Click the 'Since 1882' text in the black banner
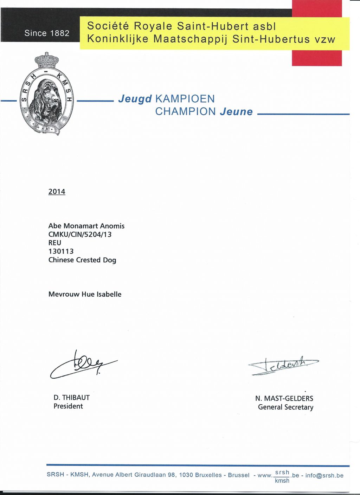pos(47,33)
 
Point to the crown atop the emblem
pos(46,60)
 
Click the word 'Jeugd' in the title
pos(135,99)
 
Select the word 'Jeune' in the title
pos(236,112)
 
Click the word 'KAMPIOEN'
pos(185,99)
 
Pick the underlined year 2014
pos(57,192)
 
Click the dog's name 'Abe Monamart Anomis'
pos(86,226)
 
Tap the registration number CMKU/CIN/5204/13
pos(80,234)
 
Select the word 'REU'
pos(55,243)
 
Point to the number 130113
pos(61,251)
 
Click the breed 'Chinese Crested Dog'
pos(82,260)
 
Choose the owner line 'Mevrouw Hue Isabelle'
pos(85,294)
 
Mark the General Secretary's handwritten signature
pos(283,366)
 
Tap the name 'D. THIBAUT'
pos(72,398)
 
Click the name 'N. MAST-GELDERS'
pos(284,398)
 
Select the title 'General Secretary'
pos(285,407)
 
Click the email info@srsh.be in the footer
pos(324,475)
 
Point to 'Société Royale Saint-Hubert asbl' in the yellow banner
pos(181,26)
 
